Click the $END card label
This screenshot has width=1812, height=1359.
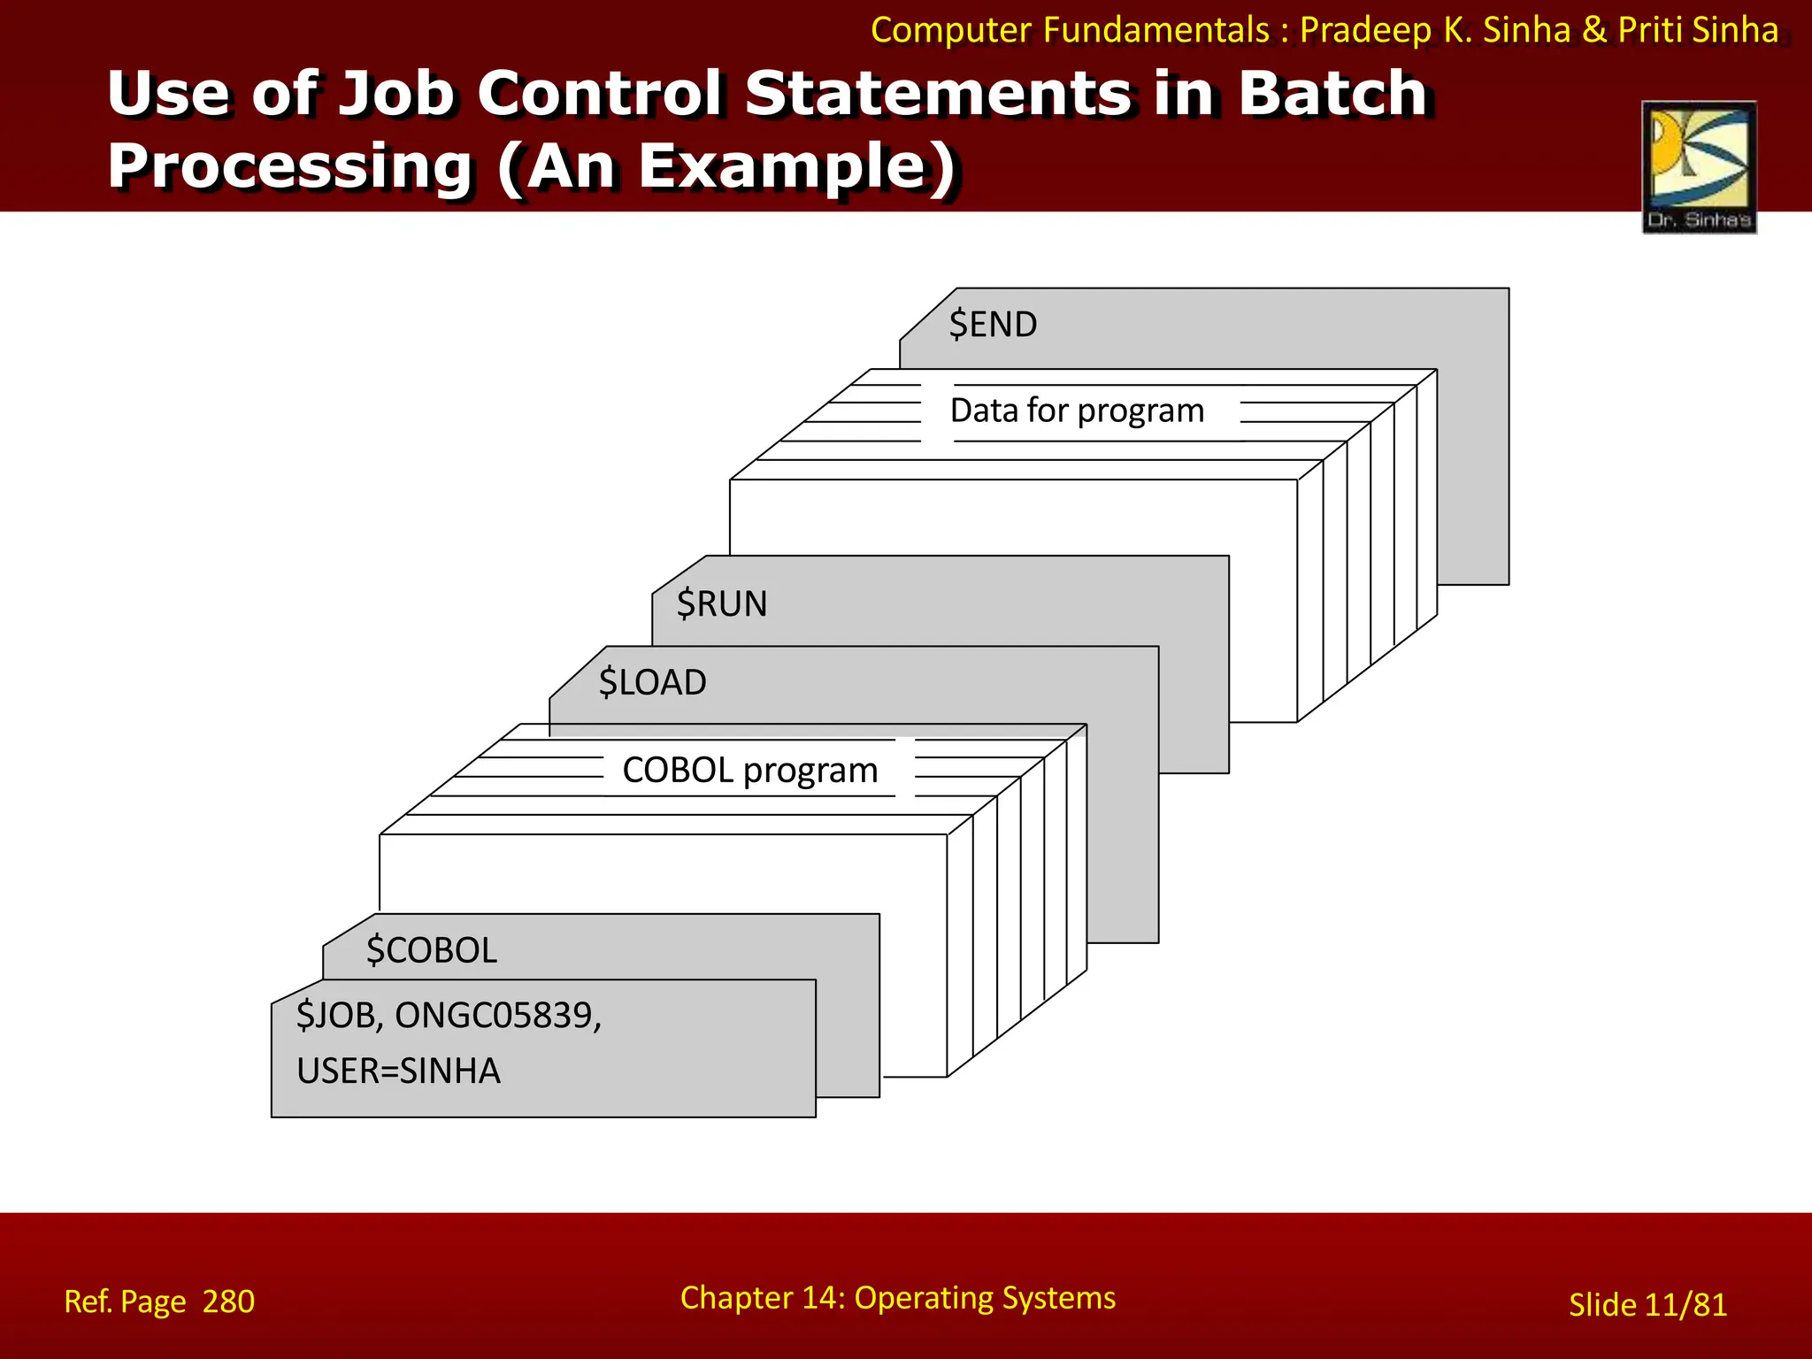tap(993, 325)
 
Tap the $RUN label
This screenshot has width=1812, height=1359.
tap(722, 604)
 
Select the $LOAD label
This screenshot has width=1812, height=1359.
tap(652, 683)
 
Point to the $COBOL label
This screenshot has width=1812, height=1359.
tap(432, 950)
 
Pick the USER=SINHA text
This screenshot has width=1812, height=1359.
tap(398, 1071)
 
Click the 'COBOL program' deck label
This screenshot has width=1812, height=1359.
tap(750, 771)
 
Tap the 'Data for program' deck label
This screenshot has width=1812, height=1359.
tap(1077, 411)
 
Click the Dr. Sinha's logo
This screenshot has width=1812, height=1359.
tap(1699, 166)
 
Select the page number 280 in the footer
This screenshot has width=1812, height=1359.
tap(228, 1301)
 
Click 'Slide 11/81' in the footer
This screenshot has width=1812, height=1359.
tap(1647, 1305)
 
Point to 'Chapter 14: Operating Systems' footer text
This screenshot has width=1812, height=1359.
tap(897, 1298)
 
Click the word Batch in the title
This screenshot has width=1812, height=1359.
tap(1332, 93)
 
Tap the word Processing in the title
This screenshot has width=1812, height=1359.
tap(290, 166)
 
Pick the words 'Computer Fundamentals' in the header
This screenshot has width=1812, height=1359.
tap(1070, 30)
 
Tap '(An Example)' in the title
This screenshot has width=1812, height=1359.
tap(727, 166)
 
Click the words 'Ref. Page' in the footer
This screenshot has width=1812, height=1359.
tap(125, 1301)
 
